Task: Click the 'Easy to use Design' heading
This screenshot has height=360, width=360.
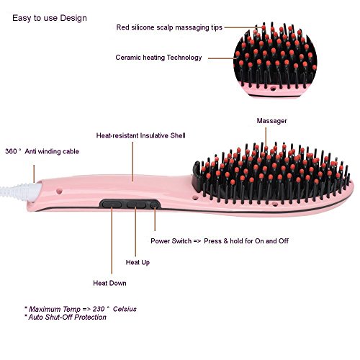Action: point(50,18)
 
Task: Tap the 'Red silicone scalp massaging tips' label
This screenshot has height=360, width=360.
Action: point(169,27)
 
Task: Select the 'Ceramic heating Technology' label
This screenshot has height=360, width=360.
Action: point(158,58)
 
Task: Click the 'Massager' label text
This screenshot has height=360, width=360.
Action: point(271,121)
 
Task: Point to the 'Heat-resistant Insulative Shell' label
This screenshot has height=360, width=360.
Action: point(141,135)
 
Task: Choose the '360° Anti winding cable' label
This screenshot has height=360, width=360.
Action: point(42,151)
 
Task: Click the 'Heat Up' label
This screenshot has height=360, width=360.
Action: point(138,262)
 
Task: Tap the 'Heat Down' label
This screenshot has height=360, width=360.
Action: point(109,283)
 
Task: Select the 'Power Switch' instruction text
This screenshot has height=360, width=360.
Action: point(220,241)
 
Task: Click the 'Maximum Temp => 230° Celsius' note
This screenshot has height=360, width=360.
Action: point(81,309)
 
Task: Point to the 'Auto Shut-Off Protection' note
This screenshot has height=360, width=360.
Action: point(65,318)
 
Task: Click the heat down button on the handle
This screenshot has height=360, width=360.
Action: point(112,204)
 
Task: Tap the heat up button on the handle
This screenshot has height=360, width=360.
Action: point(136,204)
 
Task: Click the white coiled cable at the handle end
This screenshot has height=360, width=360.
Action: point(20,192)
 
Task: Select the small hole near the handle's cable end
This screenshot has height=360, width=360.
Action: point(59,192)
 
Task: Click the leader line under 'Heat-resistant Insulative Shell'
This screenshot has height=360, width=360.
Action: point(132,161)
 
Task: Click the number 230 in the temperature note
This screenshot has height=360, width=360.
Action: point(99,309)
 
